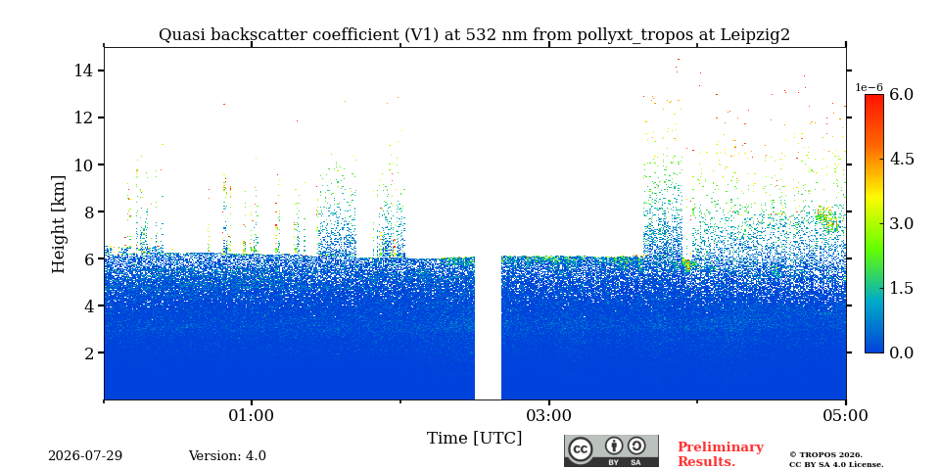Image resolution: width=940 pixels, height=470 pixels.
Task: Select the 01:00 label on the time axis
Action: pos(252,415)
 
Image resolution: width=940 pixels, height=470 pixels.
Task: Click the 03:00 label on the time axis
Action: pos(548,415)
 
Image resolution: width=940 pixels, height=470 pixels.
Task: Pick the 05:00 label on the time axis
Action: pos(845,415)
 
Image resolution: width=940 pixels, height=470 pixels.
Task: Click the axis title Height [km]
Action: pos(58,224)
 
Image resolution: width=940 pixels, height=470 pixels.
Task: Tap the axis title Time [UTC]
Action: pos(474,439)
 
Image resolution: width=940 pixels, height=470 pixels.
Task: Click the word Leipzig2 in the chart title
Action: pos(756,35)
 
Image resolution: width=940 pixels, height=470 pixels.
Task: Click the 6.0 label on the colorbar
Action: pos(901,95)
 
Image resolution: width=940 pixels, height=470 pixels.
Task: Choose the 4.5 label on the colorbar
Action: pos(901,160)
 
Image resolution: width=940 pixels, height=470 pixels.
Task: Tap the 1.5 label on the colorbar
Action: pos(901,288)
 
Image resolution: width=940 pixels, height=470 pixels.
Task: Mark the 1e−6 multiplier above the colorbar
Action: pos(869,87)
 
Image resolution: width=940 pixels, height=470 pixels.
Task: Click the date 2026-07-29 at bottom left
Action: pos(85,456)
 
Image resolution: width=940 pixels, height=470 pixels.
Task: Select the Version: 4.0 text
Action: pos(227,456)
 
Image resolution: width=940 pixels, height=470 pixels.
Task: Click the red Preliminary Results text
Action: pos(721,454)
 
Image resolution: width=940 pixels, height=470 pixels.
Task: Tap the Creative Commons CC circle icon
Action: pos(580,449)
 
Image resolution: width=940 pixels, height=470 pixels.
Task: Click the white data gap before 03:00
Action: pos(488,327)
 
